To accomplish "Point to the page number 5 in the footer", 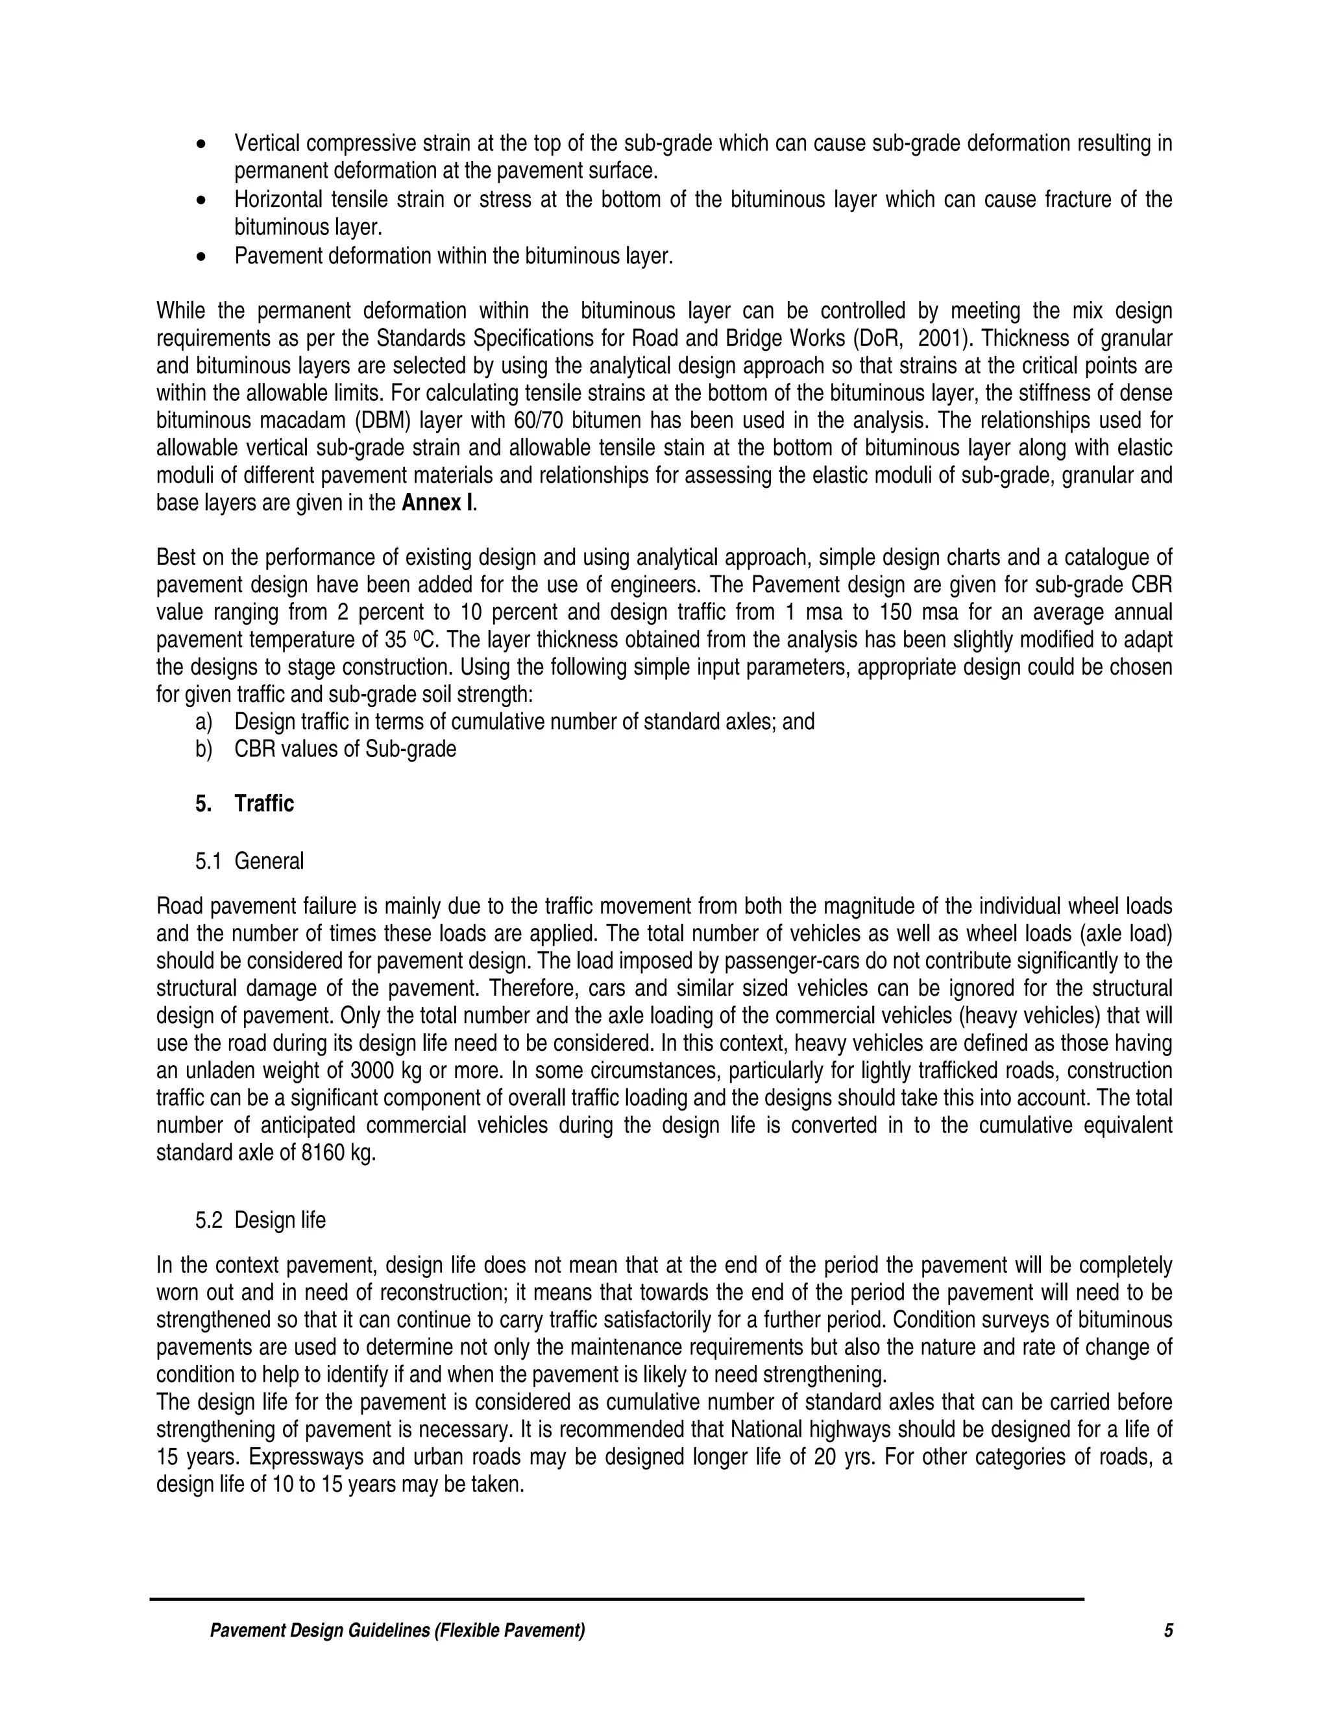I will (x=1168, y=1631).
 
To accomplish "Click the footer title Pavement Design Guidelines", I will (x=396, y=1631).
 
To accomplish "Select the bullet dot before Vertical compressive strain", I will (x=203, y=145).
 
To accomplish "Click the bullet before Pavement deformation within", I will (x=203, y=258).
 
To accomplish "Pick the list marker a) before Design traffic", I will (x=203, y=722).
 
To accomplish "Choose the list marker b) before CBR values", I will (x=203, y=749).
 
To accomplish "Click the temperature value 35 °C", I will (x=410, y=640).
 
